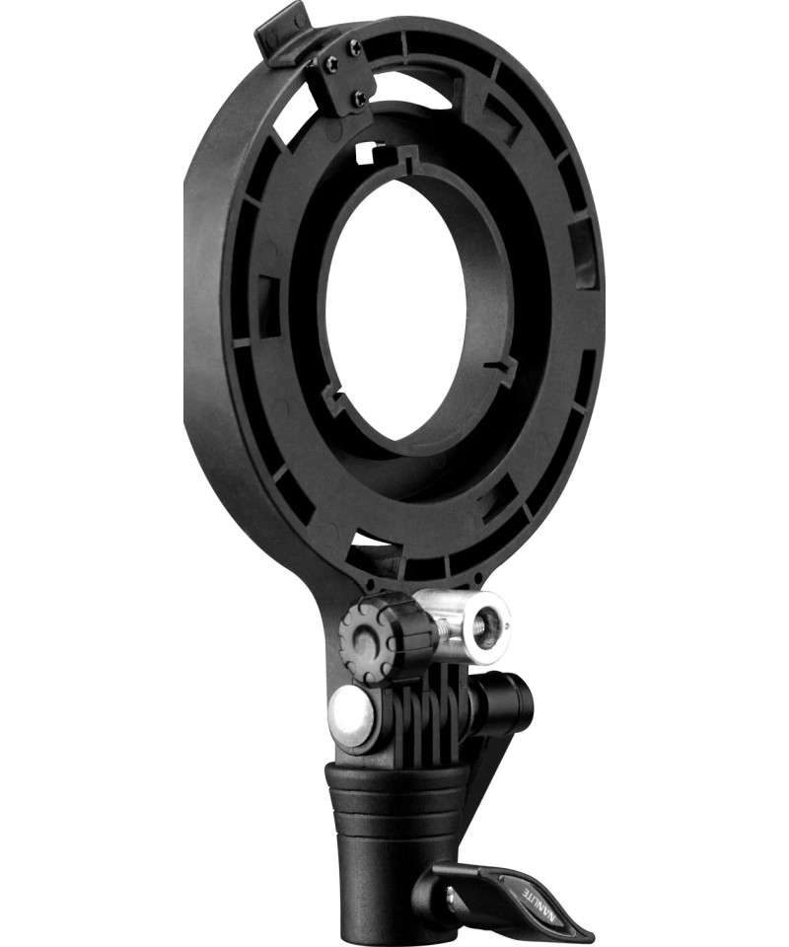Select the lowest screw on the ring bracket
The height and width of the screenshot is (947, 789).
[359, 96]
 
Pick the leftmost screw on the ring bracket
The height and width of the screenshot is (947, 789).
[331, 60]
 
